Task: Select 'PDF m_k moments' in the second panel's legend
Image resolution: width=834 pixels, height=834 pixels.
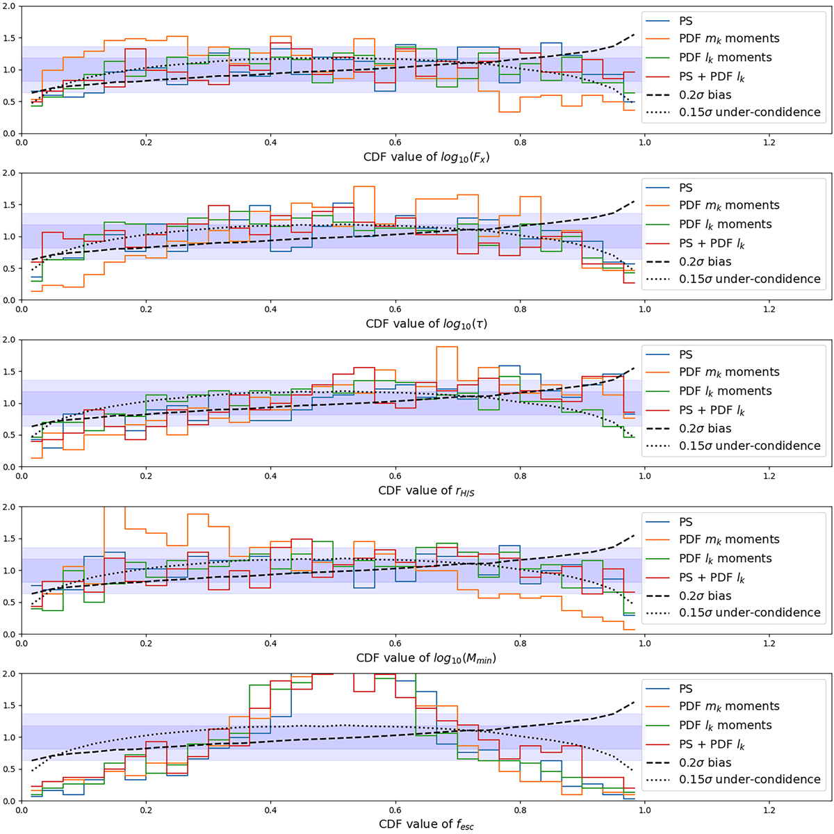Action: click(x=729, y=206)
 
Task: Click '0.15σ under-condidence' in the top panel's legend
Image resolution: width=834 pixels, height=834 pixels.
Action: click(x=749, y=112)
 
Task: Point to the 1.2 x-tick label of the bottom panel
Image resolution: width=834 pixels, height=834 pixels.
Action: click(x=769, y=810)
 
